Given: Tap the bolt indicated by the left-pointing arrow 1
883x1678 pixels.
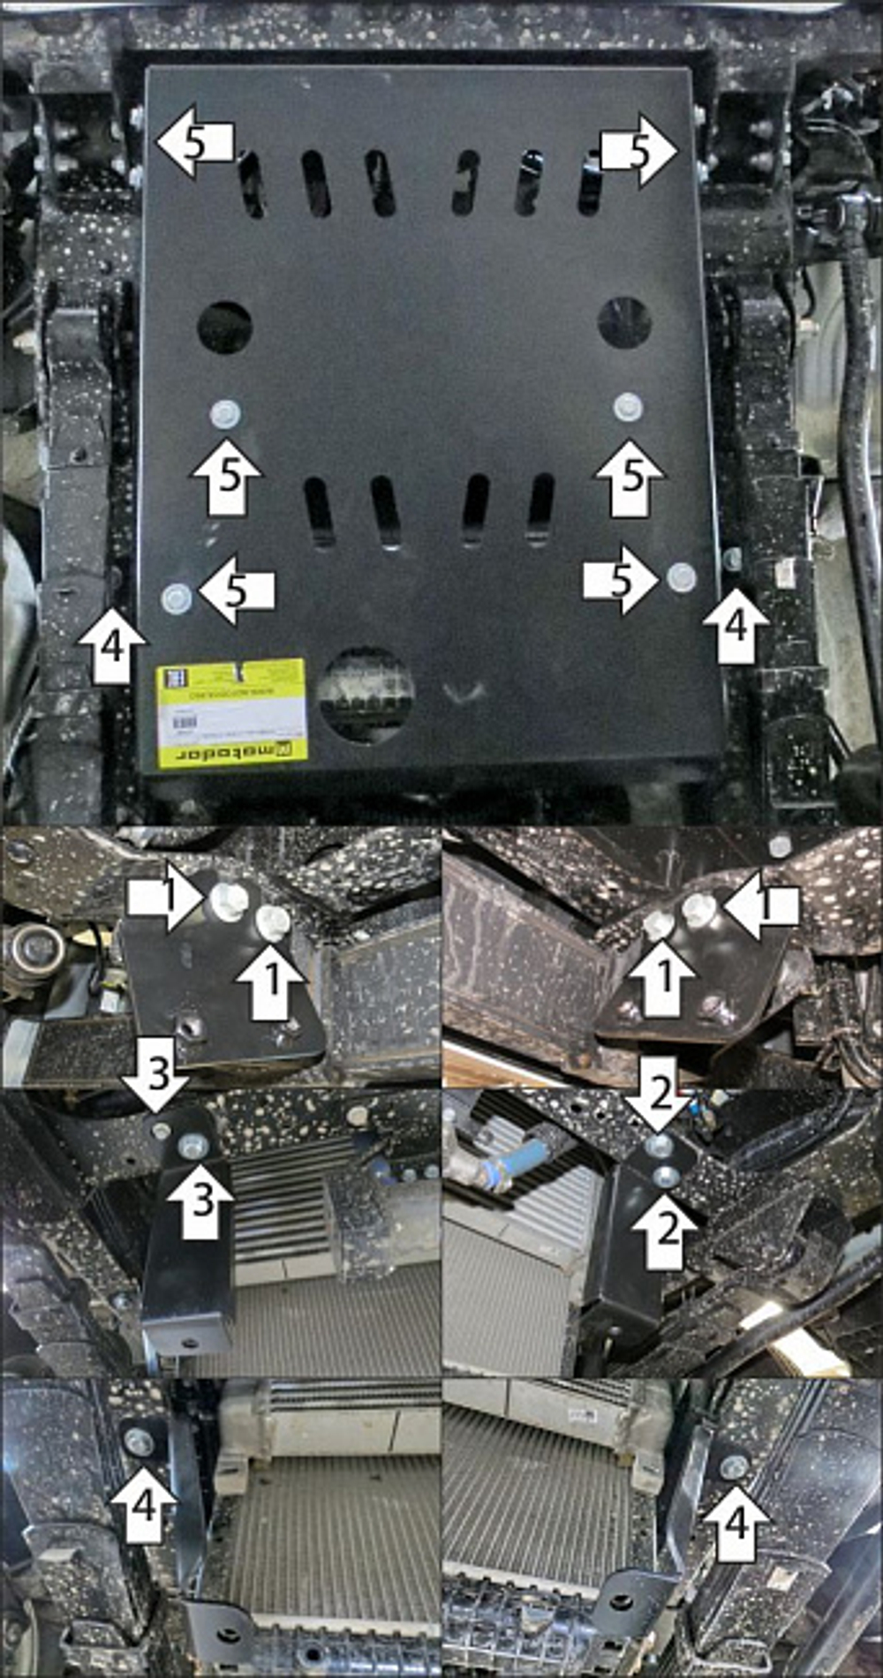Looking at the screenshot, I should coord(698,909).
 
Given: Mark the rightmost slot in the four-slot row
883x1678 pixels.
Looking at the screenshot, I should coord(540,509).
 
